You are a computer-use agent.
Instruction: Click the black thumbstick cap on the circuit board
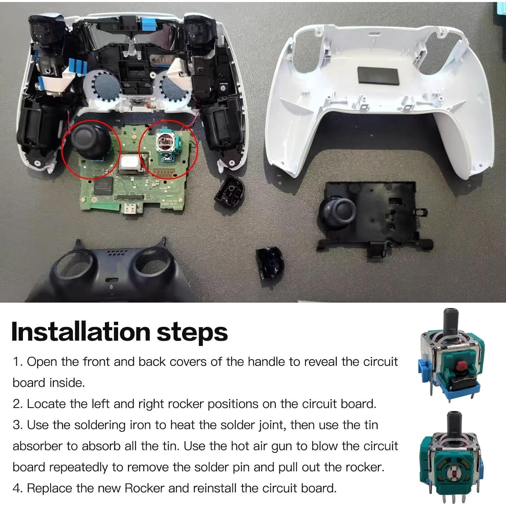[x=91, y=142]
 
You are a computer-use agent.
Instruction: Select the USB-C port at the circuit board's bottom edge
[x=129, y=209]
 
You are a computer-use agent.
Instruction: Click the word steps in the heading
[x=192, y=333]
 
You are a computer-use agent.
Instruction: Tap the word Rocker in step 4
[x=144, y=488]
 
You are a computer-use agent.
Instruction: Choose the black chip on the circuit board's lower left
[x=103, y=186]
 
